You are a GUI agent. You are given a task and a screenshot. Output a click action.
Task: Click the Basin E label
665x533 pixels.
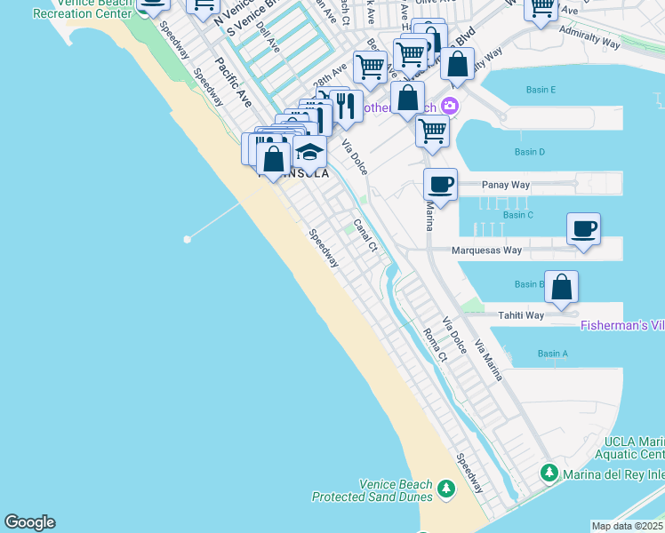click(x=541, y=90)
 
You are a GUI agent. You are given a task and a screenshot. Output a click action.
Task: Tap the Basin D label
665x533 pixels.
click(x=529, y=152)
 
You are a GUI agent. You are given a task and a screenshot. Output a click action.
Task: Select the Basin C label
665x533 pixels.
click(x=517, y=215)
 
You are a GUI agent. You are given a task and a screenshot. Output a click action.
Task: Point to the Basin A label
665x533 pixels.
click(x=552, y=354)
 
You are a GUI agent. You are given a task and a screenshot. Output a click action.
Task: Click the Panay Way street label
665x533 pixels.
click(x=505, y=185)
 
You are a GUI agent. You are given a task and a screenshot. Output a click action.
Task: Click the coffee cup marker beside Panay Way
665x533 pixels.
click(x=440, y=185)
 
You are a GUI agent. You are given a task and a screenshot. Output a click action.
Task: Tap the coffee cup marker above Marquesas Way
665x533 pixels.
click(x=583, y=228)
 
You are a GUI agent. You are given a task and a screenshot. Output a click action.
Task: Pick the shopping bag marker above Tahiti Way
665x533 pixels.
click(x=561, y=286)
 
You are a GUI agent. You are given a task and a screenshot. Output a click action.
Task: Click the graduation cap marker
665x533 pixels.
click(x=309, y=151)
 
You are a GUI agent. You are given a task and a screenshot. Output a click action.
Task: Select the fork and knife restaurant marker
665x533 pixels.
click(x=346, y=105)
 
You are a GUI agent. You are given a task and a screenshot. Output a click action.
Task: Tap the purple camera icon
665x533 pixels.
click(x=450, y=106)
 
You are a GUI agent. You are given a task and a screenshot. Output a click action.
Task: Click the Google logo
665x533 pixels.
click(x=29, y=522)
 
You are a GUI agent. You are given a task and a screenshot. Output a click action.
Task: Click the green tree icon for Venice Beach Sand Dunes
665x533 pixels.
click(x=445, y=489)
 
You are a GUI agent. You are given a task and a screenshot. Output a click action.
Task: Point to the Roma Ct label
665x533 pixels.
click(x=434, y=346)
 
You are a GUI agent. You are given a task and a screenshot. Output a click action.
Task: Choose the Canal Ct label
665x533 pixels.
click(x=365, y=236)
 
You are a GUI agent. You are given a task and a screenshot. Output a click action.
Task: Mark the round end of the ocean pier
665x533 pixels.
click(x=187, y=239)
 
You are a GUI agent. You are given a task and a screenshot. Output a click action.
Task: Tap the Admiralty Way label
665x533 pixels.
click(x=589, y=36)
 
